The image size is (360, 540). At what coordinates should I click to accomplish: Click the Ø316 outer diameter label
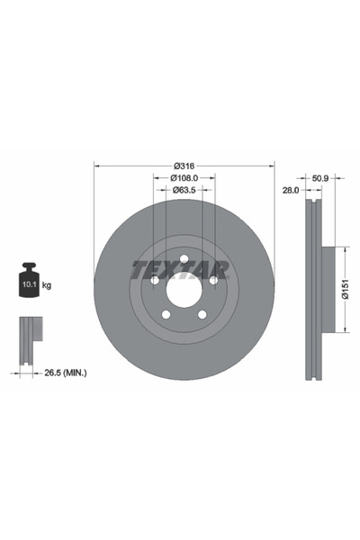[184, 166]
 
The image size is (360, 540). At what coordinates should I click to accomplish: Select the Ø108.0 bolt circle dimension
[184, 177]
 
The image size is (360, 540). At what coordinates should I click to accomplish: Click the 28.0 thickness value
[290, 191]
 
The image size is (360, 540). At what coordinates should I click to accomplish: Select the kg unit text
[47, 285]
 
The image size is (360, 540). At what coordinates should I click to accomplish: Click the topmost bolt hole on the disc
[184, 260]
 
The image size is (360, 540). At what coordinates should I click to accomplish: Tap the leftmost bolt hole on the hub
[155, 281]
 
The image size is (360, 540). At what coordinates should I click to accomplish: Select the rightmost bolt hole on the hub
[212, 281]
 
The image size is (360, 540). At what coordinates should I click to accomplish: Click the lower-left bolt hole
[166, 315]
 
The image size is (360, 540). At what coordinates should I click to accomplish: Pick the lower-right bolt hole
[202, 315]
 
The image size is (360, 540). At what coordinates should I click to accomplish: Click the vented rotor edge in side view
[312, 290]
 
